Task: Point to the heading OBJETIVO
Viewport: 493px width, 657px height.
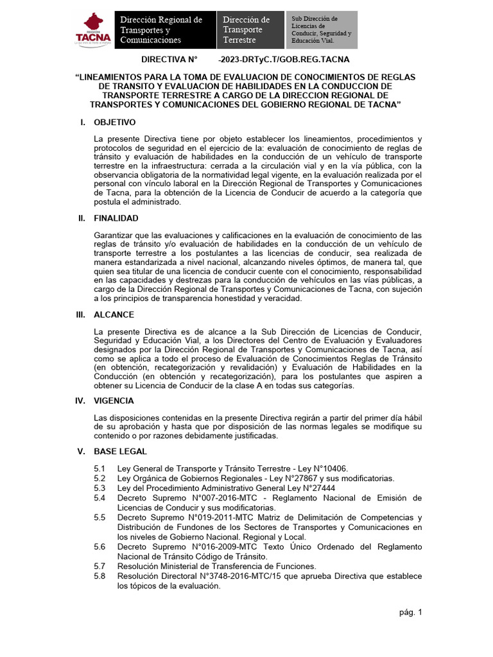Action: click(114, 122)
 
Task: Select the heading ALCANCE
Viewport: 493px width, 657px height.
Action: click(114, 314)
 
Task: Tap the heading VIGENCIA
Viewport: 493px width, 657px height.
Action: click(114, 400)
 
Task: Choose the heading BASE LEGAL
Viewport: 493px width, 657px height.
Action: click(120, 451)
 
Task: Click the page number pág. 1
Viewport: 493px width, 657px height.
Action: click(410, 612)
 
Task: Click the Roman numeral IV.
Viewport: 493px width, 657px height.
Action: click(80, 400)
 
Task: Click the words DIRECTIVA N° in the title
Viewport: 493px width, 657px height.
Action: click(169, 60)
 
